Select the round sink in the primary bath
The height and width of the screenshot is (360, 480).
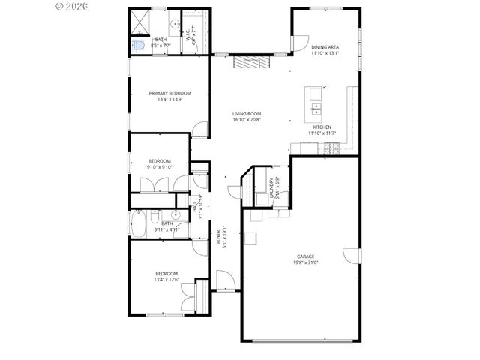click(x=173, y=24)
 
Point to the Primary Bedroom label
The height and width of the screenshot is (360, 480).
click(x=169, y=93)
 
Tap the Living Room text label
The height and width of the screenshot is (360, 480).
click(x=246, y=113)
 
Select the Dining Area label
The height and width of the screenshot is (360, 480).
click(x=325, y=47)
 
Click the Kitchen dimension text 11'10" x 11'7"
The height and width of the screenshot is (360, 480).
click(x=322, y=133)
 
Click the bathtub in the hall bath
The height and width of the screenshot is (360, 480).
click(x=140, y=223)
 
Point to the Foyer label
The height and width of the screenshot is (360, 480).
click(x=218, y=236)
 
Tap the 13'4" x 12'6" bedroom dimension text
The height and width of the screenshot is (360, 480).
click(x=166, y=279)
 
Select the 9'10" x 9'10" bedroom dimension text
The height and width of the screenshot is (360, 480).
click(x=159, y=167)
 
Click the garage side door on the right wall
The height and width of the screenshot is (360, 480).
click(x=349, y=255)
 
